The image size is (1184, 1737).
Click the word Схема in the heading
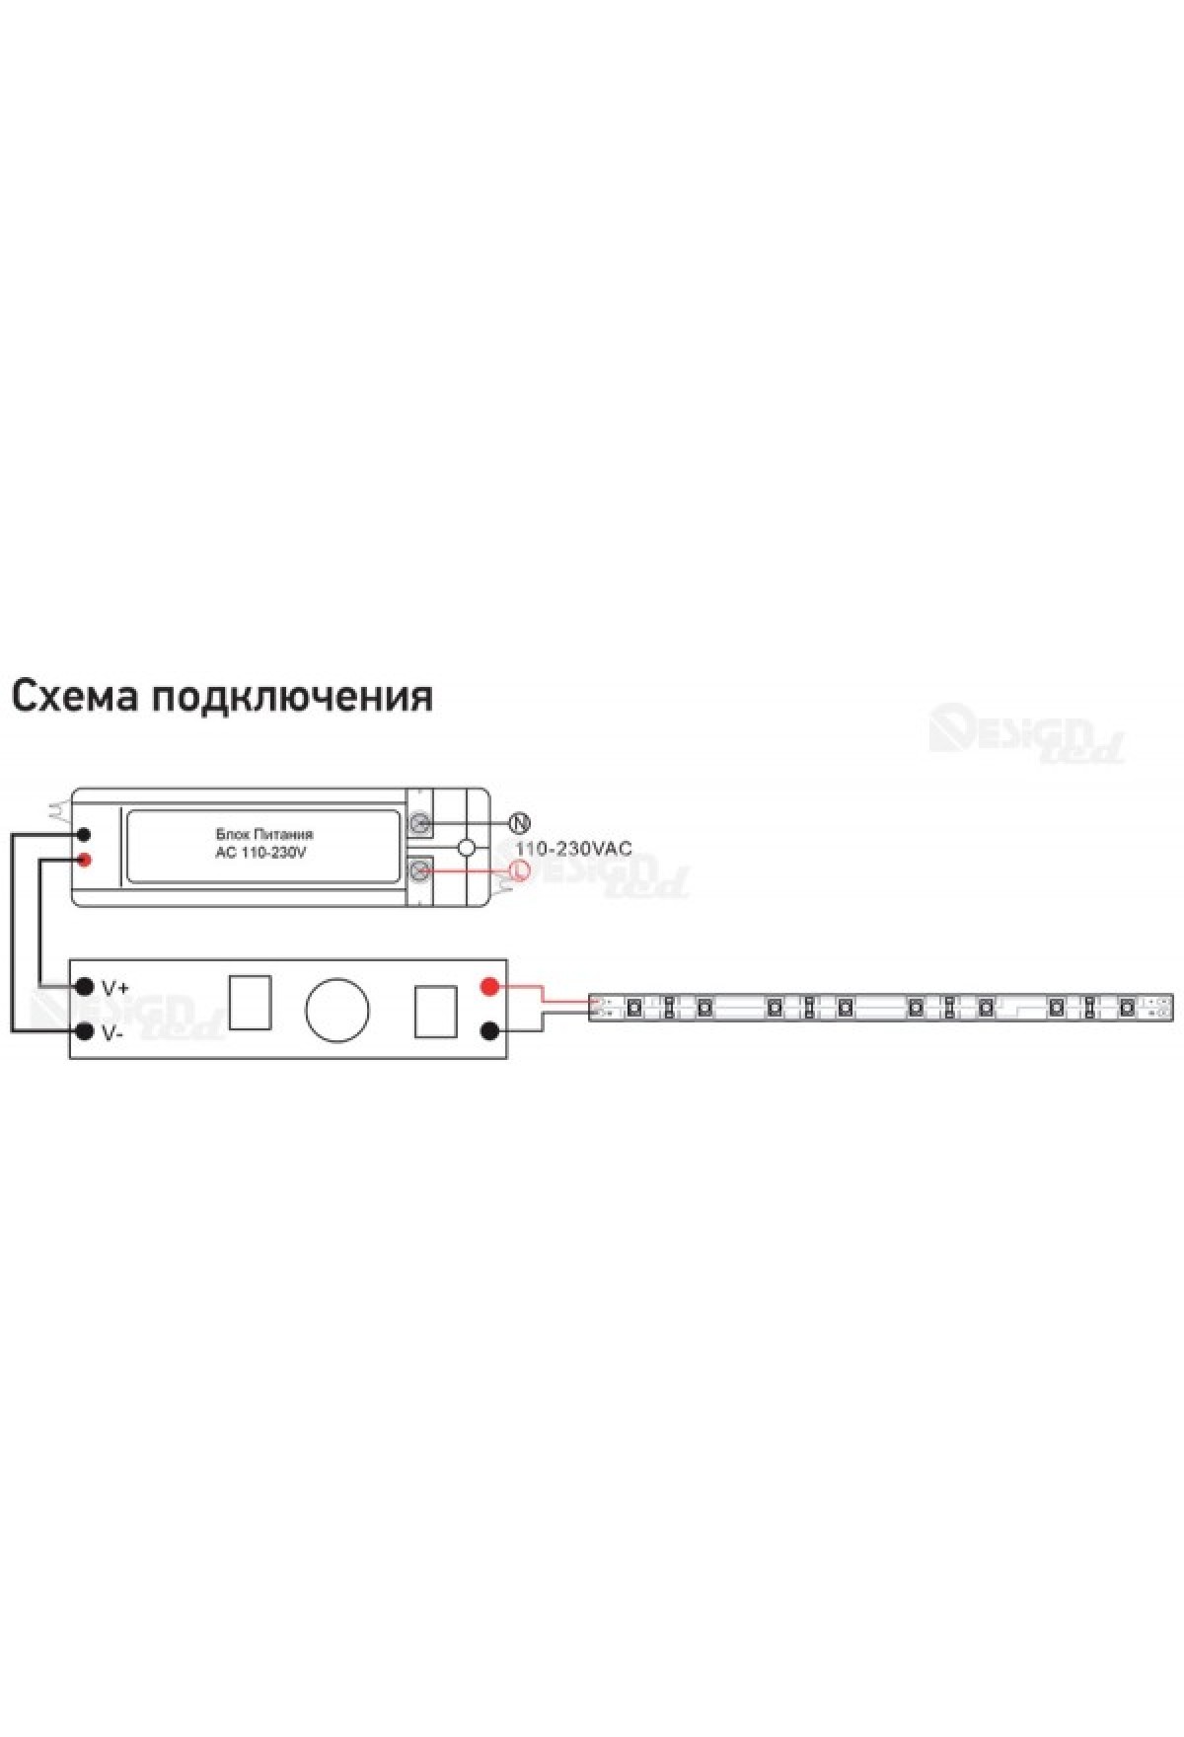point(74,696)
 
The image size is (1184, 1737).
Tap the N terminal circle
point(519,823)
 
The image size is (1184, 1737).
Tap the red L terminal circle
point(519,869)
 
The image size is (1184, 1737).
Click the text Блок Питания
point(263,835)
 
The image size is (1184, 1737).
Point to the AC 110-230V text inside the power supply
point(260,852)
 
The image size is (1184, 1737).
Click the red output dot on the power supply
point(85,859)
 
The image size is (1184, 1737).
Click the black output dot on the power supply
point(85,835)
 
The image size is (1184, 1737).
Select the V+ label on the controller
point(114,987)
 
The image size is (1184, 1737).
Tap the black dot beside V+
point(85,987)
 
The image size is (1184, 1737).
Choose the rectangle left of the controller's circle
point(250,1002)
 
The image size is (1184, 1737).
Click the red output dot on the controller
point(488,987)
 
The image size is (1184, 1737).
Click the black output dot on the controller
point(488,1032)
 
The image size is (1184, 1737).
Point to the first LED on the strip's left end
point(634,1008)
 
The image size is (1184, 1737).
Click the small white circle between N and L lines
point(468,847)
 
